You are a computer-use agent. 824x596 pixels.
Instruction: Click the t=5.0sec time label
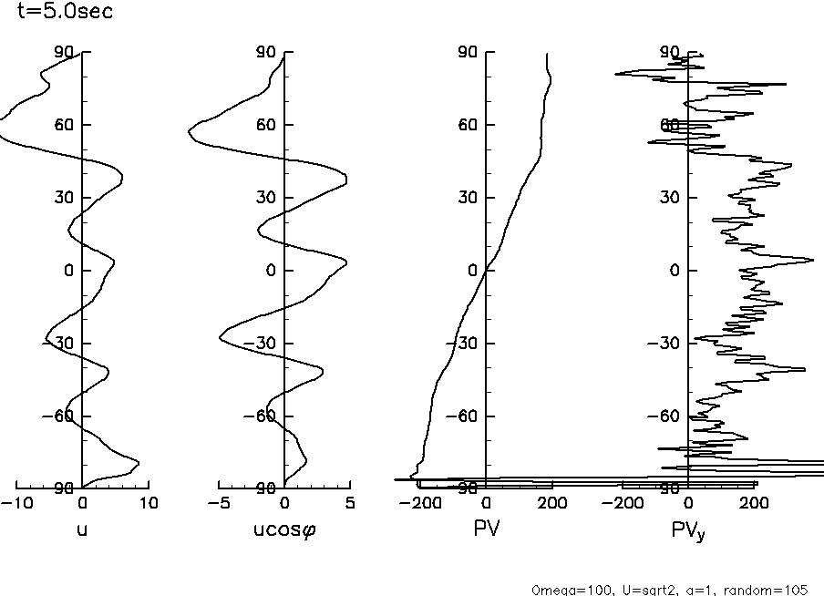pos(66,13)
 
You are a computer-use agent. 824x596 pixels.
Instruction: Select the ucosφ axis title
pos(283,528)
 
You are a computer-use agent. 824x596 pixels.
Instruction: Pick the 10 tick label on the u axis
pos(148,503)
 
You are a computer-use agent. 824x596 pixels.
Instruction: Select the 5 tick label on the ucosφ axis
pos(349,503)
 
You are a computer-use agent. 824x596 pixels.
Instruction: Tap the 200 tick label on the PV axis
pos(551,503)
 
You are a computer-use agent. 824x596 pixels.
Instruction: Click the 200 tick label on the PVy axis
pos(753,503)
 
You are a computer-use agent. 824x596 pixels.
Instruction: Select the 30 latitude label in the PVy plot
pos(669,198)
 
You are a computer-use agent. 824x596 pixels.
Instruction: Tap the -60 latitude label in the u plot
pos(59,416)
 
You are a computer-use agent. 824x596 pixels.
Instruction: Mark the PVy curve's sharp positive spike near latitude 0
pos(810,261)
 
